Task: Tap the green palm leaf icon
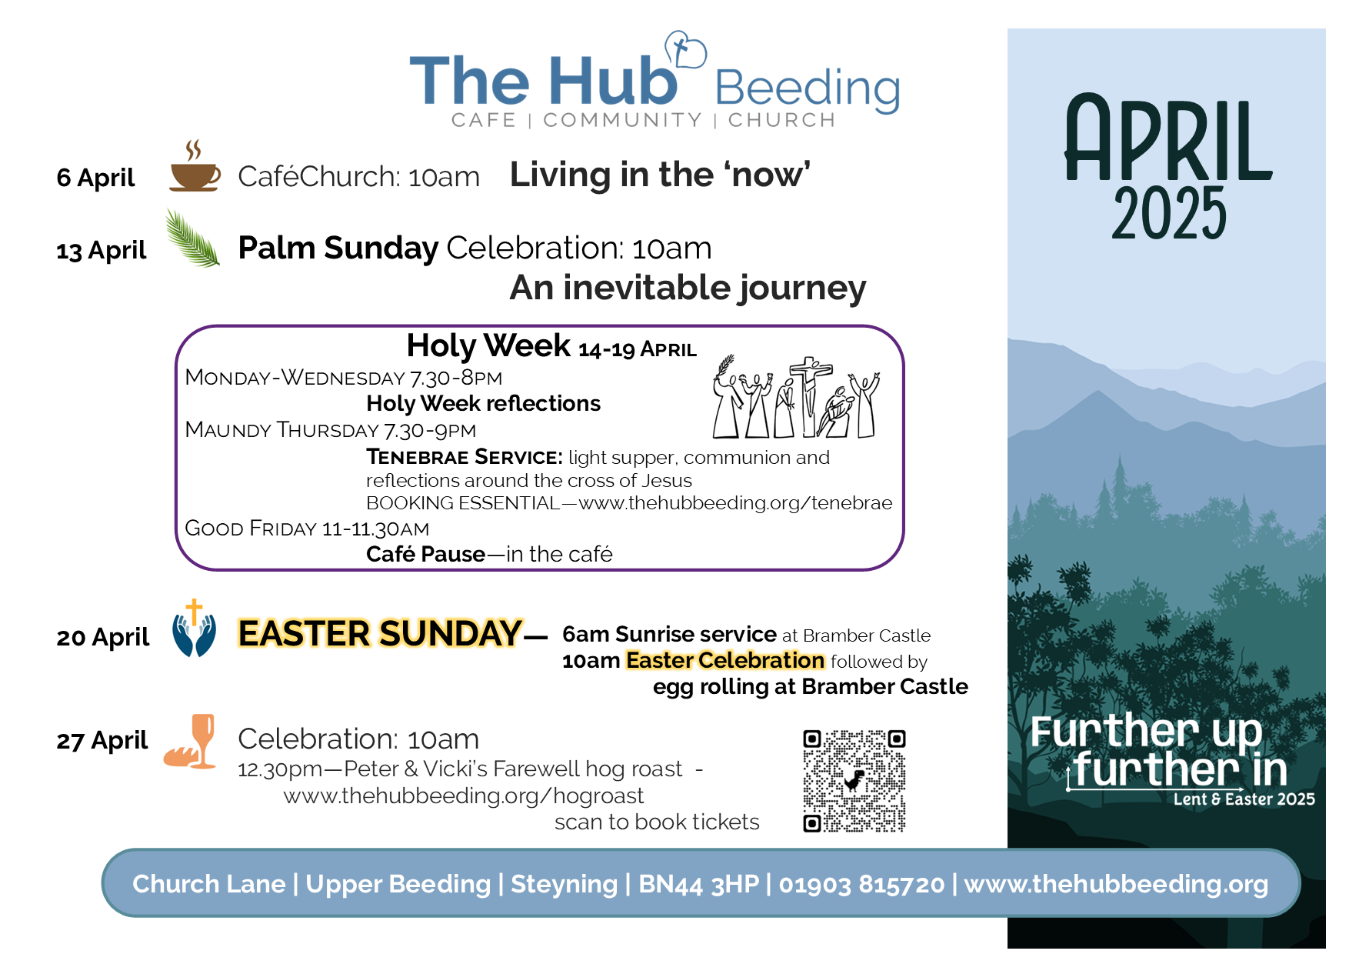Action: point(192,238)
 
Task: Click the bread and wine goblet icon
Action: point(190,742)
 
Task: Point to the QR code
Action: point(854,781)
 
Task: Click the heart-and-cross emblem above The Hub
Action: point(684,49)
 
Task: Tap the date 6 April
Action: point(95,178)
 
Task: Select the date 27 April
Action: point(102,740)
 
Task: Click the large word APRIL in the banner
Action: point(1168,138)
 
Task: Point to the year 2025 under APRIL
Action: point(1169,213)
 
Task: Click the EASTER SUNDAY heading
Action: point(380,634)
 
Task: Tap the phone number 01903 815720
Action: point(861,884)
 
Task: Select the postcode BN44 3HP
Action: point(698,884)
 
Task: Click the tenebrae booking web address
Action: point(735,503)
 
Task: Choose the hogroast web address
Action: point(464,796)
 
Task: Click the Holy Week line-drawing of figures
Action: point(796,396)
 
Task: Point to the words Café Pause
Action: point(425,554)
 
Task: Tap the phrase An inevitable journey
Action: point(688,289)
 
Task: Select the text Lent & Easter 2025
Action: point(1244,799)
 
